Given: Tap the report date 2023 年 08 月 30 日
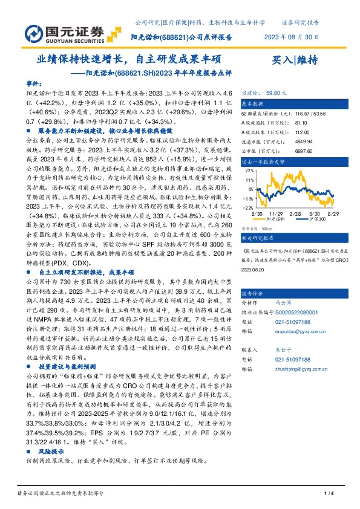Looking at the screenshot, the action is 291,37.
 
